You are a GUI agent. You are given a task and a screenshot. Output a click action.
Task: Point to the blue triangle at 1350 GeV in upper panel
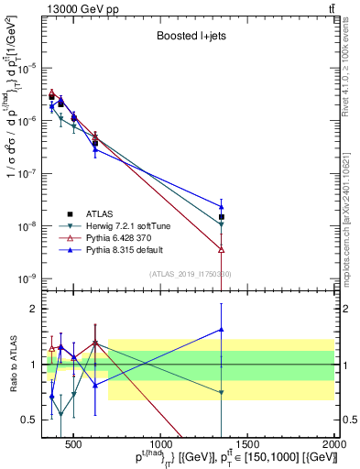coord(222,207)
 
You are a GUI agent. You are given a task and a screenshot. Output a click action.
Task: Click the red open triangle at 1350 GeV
coord(222,249)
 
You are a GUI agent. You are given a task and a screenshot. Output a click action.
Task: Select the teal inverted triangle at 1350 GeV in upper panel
coord(222,224)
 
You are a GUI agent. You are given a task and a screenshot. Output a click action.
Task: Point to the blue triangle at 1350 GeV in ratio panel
coord(222,330)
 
